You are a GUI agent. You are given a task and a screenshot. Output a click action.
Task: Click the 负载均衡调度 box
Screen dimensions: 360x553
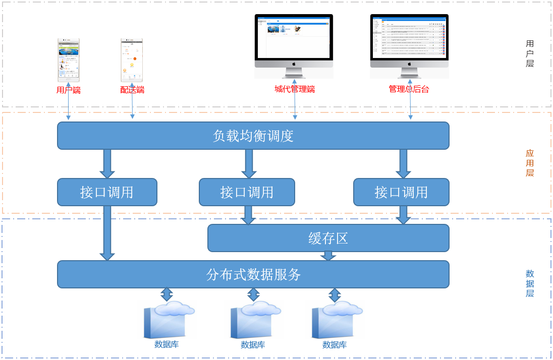[x=253, y=136]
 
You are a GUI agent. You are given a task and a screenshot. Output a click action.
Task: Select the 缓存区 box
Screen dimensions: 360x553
[x=328, y=238]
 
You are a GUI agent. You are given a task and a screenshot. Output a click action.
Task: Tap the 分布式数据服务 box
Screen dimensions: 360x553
[x=253, y=274]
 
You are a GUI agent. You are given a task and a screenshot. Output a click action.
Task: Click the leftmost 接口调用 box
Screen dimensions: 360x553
[x=107, y=192]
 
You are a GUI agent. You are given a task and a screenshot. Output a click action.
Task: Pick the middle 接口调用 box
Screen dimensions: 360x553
[x=247, y=192]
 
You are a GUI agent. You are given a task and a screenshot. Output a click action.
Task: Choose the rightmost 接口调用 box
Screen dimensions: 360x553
[x=401, y=192]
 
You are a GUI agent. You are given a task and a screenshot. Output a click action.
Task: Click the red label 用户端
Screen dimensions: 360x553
[x=69, y=90]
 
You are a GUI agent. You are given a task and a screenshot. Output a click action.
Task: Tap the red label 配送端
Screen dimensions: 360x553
[x=132, y=90]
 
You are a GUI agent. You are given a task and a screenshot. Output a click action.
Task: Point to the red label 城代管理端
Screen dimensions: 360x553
[x=295, y=89]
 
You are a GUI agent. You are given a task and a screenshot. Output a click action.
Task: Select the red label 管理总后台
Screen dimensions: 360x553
[x=409, y=89]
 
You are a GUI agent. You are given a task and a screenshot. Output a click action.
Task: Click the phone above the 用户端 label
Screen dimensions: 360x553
[x=69, y=59]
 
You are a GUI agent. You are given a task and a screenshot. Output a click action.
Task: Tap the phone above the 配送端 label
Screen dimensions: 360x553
[x=132, y=59]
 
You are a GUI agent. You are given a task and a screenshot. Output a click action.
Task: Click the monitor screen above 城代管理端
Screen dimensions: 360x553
[x=294, y=37]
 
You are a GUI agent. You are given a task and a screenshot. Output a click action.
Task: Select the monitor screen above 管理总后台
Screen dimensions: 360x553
[x=409, y=37]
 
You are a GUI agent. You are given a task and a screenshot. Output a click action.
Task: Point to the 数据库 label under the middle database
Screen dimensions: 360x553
[x=253, y=345]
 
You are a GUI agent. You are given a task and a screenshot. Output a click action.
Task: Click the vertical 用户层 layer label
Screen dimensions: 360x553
[x=530, y=54]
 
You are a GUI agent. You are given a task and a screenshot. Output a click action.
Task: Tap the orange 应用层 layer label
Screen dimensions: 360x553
[x=530, y=163]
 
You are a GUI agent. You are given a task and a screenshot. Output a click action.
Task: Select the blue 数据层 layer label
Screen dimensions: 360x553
[x=530, y=283]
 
